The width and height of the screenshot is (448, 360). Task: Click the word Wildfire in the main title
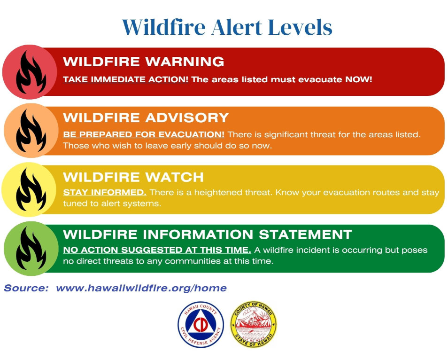click(164, 27)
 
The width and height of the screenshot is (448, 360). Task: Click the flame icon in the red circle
click(31, 72)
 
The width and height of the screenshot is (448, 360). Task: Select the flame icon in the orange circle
click(31, 131)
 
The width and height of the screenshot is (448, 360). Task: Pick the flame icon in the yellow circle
click(31, 189)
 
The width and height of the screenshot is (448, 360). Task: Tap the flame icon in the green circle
click(31, 248)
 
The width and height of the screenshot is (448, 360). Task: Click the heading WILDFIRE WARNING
click(143, 62)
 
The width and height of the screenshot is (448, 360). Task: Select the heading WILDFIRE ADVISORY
click(146, 117)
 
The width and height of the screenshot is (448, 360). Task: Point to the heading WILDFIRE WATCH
click(133, 177)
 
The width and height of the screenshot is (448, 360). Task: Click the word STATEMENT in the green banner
click(305, 235)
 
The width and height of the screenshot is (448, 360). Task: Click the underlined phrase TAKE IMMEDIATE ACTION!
click(126, 79)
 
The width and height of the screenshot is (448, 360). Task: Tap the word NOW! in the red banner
click(359, 79)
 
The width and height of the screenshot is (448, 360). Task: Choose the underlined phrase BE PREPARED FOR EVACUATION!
click(144, 134)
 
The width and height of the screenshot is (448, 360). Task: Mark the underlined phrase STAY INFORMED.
click(105, 192)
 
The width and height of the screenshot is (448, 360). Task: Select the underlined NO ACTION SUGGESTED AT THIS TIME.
click(157, 250)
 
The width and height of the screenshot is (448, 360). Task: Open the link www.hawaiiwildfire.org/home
click(141, 288)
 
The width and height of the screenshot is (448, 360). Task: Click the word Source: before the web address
click(26, 288)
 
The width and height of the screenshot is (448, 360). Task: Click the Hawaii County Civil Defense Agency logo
click(201, 325)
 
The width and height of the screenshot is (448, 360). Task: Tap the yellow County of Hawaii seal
click(254, 325)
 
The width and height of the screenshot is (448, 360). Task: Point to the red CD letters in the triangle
click(201, 325)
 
